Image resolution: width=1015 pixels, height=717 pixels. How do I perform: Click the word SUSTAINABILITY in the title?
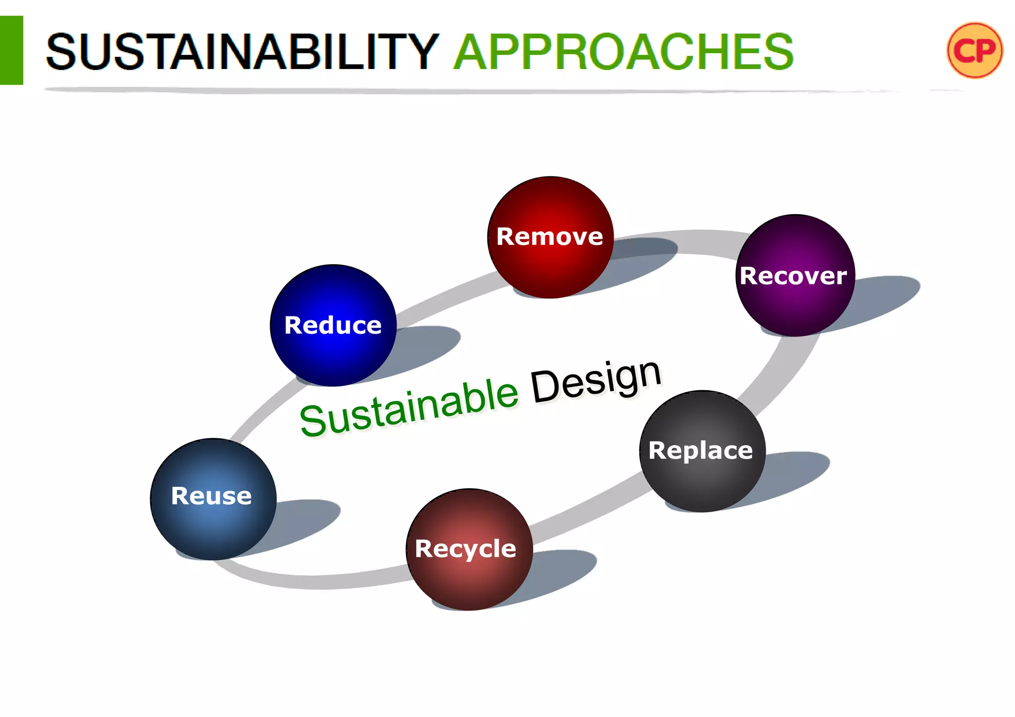pyautogui.click(x=242, y=52)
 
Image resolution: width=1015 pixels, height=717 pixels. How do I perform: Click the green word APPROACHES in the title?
pyautogui.click(x=623, y=52)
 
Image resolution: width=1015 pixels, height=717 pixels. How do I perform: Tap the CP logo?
pyautogui.click(x=974, y=50)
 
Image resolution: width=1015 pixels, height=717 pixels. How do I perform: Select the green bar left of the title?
pyautogui.click(x=11, y=50)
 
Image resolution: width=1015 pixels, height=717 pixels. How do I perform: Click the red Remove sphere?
pyautogui.click(x=550, y=237)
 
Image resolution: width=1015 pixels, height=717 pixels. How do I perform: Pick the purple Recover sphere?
pyautogui.click(x=794, y=276)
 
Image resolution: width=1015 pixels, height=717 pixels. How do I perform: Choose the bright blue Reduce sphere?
pyautogui.click(x=333, y=325)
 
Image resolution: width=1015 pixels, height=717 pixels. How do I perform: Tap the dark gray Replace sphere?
pyautogui.click(x=702, y=451)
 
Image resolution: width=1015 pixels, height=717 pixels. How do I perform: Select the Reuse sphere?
pyautogui.click(x=213, y=498)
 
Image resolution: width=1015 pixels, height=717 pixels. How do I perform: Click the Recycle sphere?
pyautogui.click(x=468, y=549)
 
